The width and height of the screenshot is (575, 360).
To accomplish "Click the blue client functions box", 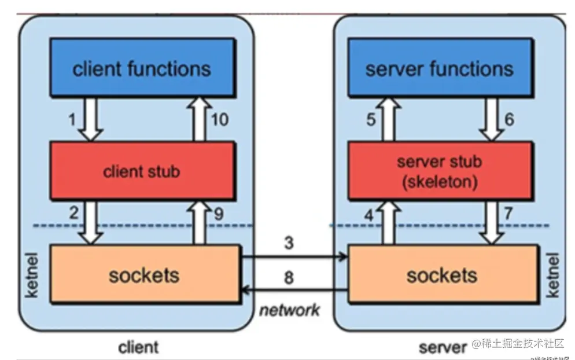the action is point(142,68).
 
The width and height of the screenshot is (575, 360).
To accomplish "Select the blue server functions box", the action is point(440,68).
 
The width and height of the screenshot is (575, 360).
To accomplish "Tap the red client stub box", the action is point(142,171).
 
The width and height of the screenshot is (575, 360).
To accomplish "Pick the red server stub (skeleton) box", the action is point(440,171).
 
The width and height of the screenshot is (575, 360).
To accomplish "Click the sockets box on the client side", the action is point(145,274).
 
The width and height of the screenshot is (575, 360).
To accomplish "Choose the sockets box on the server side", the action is point(443,274).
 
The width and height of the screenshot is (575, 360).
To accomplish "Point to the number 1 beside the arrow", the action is point(72,120).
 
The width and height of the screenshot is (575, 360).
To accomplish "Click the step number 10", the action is point(220,120).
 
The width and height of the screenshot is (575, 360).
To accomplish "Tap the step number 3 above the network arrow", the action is point(289,243).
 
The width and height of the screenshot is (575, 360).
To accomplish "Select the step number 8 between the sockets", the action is point(289,277).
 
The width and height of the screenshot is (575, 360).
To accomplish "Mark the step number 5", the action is point(371,120).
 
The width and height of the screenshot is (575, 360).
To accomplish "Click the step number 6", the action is point(510,119).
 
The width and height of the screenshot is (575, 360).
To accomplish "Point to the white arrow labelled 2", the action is point(91,222).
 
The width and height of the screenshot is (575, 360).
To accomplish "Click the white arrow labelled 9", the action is point(199,222).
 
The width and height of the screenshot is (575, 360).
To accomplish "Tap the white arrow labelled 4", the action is point(389,222).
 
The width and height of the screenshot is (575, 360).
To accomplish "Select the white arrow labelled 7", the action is point(491,222).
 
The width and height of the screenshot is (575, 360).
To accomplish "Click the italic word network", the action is point(289,310).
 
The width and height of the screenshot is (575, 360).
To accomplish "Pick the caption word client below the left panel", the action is point(139,347).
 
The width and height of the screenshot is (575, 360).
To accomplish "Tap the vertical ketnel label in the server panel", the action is point(552,275).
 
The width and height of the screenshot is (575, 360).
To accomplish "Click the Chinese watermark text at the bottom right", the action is point(518,344).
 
